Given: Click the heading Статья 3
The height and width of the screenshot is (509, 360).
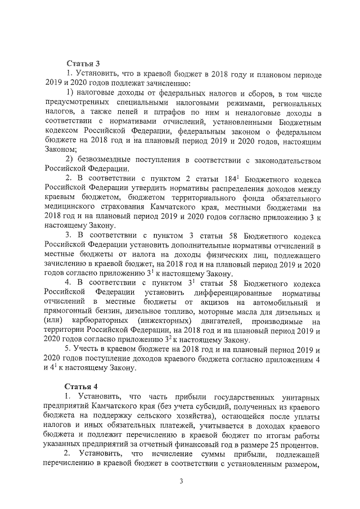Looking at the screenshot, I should pyautogui.click(x=82, y=64).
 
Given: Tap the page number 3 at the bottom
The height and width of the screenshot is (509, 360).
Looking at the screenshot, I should pyautogui.click(x=181, y=481).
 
